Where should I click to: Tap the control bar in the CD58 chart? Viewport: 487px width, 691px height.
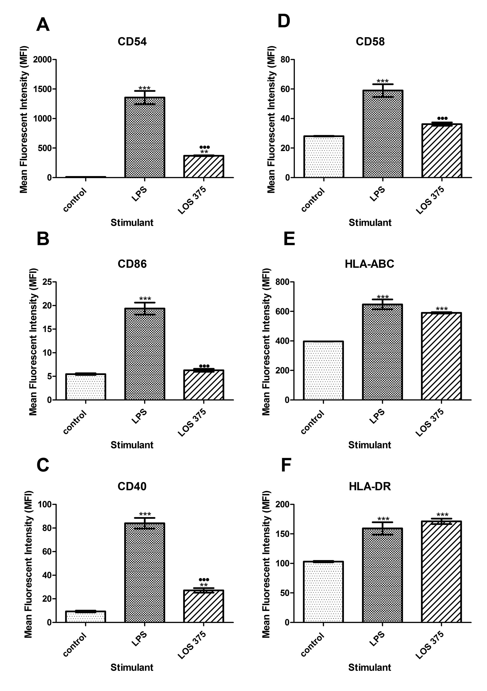(x=324, y=157)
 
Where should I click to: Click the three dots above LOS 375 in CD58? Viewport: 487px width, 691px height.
(x=442, y=118)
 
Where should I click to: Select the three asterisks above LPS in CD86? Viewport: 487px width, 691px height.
(x=145, y=299)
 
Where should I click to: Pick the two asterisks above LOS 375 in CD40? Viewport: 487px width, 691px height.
(x=204, y=585)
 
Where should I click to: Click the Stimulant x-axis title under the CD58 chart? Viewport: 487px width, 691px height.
(x=370, y=223)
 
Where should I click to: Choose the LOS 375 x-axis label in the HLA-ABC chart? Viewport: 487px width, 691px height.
(x=430, y=423)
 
